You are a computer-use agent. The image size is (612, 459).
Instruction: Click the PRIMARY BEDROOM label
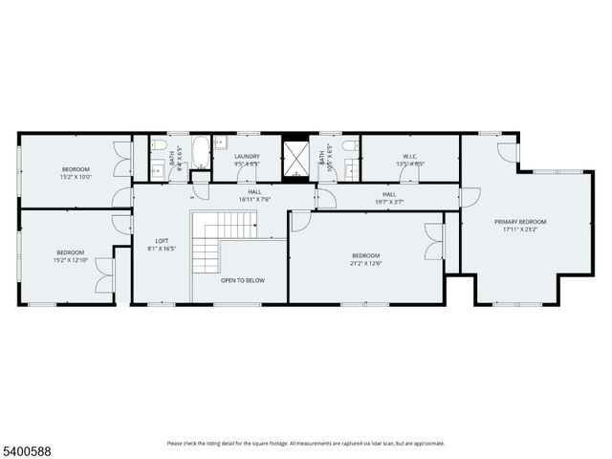(521, 222)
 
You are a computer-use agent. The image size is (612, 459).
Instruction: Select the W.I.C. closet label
(409, 156)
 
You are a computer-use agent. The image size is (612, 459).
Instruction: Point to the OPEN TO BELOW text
(242, 280)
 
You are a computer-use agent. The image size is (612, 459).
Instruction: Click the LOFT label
(162, 241)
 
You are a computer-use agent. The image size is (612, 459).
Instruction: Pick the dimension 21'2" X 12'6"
(365, 263)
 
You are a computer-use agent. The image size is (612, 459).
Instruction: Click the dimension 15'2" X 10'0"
(76, 177)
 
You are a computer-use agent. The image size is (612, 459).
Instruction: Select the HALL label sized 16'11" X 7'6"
(255, 200)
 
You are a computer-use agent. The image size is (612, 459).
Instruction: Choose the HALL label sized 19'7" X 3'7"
(389, 201)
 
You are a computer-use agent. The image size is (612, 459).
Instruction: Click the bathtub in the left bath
(201, 154)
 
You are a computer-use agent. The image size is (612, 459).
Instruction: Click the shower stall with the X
(296, 158)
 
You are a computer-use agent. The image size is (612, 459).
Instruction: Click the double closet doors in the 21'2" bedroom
(435, 241)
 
